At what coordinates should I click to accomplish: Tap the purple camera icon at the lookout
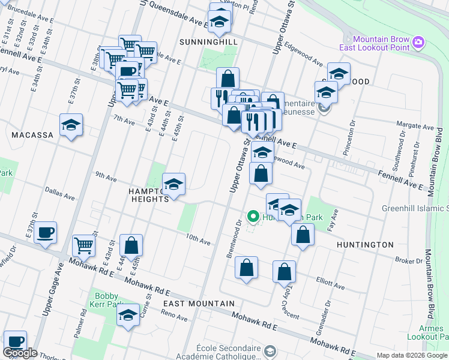(419, 42)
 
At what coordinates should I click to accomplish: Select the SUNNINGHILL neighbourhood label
(209, 42)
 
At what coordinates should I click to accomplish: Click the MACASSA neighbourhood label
(33, 135)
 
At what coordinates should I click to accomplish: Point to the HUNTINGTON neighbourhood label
(365, 245)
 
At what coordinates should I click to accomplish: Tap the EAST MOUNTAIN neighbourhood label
(194, 304)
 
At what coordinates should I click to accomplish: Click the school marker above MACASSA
(71, 125)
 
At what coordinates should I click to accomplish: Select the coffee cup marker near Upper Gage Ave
(45, 232)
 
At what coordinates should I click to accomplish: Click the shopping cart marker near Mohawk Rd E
(84, 244)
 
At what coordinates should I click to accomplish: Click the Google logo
(19, 353)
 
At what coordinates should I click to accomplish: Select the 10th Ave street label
(197, 241)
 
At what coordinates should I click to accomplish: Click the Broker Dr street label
(409, 260)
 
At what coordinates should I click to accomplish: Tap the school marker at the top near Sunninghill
(220, 22)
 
